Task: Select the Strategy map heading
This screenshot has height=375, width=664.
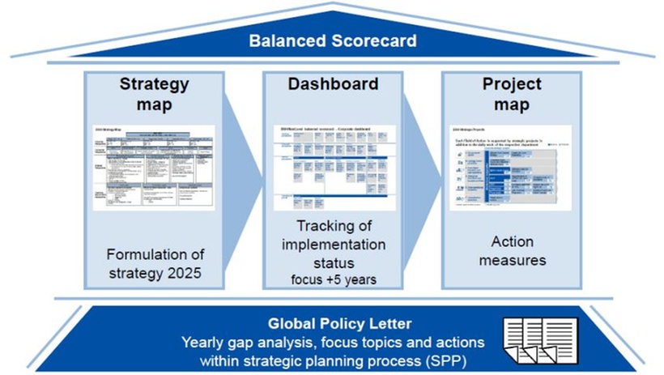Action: click(154, 94)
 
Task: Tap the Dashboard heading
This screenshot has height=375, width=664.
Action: click(334, 83)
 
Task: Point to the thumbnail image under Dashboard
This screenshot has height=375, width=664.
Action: click(334, 167)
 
